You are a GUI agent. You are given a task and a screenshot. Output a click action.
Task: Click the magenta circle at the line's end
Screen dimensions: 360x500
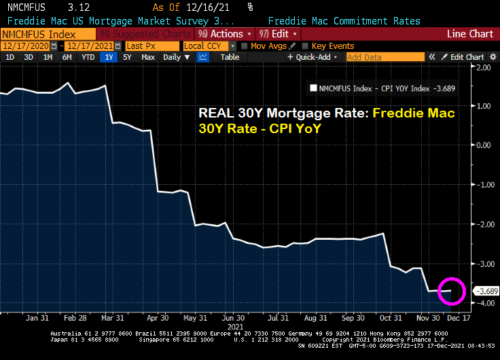coord(451,291)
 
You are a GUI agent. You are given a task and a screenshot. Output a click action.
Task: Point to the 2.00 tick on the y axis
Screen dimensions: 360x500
coord(484,67)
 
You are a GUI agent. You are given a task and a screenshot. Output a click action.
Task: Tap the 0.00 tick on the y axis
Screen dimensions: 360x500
coord(484,145)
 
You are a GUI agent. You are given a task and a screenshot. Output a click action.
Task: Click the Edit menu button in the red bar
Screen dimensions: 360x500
coord(280,33)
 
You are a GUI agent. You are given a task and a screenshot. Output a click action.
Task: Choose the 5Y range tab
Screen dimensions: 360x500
coord(127,57)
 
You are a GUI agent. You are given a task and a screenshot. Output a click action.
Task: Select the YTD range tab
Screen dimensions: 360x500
coord(88,57)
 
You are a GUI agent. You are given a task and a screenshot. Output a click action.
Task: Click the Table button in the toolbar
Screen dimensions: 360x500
coord(230,57)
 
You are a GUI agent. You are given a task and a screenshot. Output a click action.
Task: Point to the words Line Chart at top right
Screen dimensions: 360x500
coord(470,33)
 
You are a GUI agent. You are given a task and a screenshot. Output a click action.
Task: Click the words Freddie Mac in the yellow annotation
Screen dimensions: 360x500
coord(415,113)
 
